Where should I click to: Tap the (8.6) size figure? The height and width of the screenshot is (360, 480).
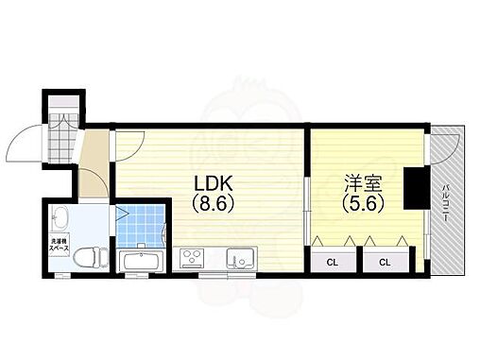[213, 201]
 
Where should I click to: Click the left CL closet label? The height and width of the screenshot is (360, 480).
[334, 261]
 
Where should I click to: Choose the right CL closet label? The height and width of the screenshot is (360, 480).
[385, 261]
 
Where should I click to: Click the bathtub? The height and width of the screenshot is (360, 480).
[144, 260]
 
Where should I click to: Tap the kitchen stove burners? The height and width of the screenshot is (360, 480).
[193, 257]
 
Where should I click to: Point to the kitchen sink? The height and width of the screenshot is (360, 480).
[238, 257]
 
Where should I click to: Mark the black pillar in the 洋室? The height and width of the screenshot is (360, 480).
[413, 187]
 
